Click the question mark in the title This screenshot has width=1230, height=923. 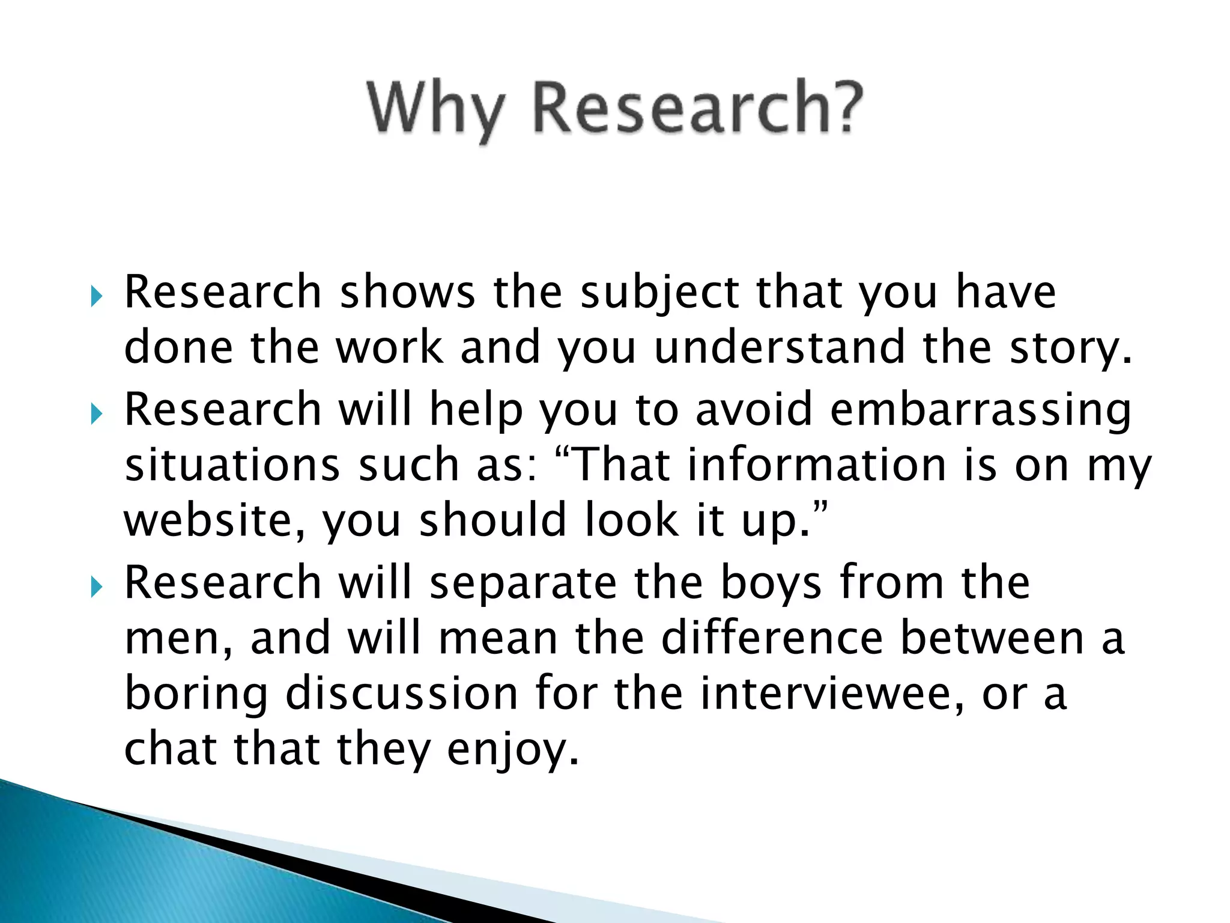844,107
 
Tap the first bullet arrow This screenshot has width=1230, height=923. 96,296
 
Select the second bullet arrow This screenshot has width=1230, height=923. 96,413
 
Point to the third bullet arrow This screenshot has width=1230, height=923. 96,587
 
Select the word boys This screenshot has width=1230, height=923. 771,584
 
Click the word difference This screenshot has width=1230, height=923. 772,638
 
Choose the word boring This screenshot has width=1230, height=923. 196,695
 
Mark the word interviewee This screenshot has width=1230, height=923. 832,693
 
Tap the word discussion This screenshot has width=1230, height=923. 401,693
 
